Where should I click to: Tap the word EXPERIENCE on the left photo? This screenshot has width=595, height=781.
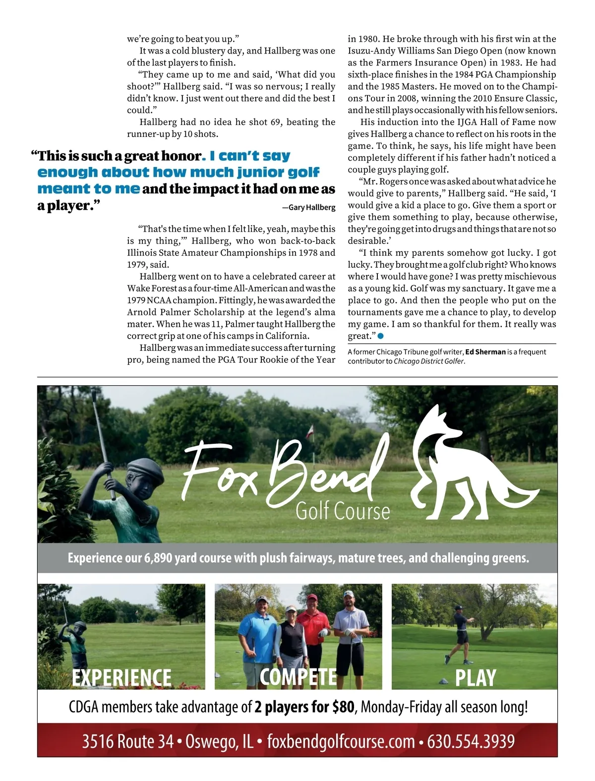click(121, 677)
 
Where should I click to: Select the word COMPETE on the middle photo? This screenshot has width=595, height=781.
click(298, 677)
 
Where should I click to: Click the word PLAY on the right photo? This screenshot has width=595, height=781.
click(475, 678)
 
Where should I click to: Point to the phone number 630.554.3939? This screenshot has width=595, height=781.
click(471, 741)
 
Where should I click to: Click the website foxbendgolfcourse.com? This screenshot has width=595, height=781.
click(341, 741)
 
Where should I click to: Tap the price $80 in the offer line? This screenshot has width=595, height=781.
click(343, 707)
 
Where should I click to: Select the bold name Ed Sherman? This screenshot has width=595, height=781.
click(485, 352)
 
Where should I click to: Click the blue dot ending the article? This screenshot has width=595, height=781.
click(380, 336)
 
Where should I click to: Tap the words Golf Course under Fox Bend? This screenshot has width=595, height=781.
click(343, 511)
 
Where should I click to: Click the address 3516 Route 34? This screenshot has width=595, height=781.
click(127, 741)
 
